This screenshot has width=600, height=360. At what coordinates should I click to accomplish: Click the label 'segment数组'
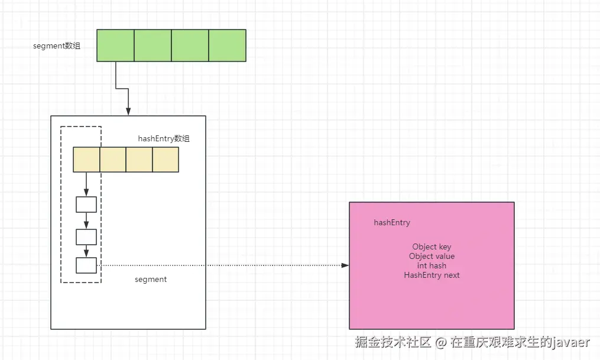(x=57, y=46)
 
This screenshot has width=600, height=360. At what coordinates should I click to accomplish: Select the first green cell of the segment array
(x=115, y=46)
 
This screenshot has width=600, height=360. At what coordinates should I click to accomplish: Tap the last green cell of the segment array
(x=228, y=46)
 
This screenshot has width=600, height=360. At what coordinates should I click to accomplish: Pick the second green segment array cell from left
(x=153, y=46)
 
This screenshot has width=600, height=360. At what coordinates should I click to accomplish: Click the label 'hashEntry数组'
(x=164, y=138)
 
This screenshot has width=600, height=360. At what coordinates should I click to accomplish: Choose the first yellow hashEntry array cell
(x=86, y=160)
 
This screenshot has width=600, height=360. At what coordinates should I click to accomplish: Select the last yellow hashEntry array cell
(x=166, y=160)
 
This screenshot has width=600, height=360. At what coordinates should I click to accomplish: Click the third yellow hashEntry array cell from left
(x=140, y=160)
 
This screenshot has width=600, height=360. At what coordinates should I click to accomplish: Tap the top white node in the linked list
(x=86, y=205)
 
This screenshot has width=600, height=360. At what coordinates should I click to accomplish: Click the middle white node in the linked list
(x=86, y=237)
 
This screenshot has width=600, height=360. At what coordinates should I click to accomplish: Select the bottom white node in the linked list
(x=86, y=265)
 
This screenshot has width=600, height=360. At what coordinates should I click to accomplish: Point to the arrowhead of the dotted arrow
(x=346, y=265)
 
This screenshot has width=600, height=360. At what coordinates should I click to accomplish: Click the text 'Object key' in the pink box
(x=432, y=247)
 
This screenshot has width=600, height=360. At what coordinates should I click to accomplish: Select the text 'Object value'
(x=432, y=257)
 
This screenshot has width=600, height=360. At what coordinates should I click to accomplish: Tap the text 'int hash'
(x=432, y=265)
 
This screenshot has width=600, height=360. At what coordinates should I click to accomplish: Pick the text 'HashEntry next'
(x=432, y=275)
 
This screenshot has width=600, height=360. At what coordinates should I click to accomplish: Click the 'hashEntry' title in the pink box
(x=392, y=223)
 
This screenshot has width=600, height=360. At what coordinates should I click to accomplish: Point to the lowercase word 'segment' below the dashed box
(x=151, y=280)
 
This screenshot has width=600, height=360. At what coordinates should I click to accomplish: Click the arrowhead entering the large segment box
(x=128, y=112)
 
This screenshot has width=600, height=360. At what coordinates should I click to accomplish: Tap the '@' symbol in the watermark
(x=441, y=342)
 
